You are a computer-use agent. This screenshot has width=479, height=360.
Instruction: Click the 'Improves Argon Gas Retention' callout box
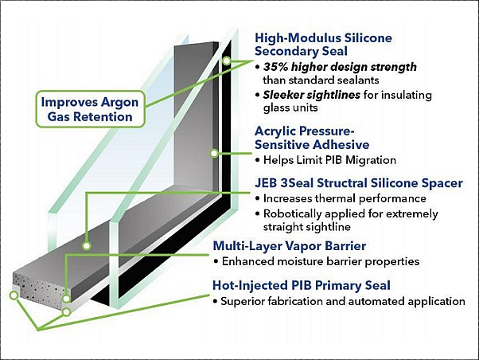coord(90,109)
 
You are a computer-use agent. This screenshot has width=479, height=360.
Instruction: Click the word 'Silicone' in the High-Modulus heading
coord(368,38)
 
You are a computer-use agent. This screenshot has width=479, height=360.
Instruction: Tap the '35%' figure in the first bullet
coord(275,67)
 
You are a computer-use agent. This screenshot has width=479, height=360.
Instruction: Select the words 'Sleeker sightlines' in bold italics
coord(312,95)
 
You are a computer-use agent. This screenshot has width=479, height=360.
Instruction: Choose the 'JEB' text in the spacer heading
coord(266,183)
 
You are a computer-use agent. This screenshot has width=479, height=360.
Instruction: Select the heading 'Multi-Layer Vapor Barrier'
coord(290,246)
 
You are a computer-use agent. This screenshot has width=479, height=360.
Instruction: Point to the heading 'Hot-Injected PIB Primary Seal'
coord(302,285)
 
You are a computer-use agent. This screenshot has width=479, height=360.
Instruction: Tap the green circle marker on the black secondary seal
coord(226,61)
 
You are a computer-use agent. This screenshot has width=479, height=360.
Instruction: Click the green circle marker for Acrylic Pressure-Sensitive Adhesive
coord(214,153)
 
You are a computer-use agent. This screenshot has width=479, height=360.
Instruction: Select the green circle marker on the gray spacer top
coord(87,245)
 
